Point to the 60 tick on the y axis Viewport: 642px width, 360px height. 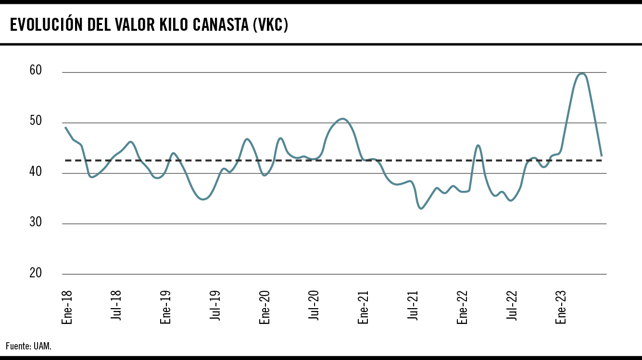36,71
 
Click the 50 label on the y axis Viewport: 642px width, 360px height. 36,121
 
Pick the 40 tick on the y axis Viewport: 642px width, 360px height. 36,172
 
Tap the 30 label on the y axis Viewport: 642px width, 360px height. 36,222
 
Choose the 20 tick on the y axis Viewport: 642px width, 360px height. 36,273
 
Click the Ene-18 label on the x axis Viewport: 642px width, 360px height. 67,306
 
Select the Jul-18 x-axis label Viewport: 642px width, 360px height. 116,306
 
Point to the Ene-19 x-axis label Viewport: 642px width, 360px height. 166,306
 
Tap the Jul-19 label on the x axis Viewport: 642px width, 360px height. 215,306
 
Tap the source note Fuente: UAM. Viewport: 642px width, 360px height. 28,346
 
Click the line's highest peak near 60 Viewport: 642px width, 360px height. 582,74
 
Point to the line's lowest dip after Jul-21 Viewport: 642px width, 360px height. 421,209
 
